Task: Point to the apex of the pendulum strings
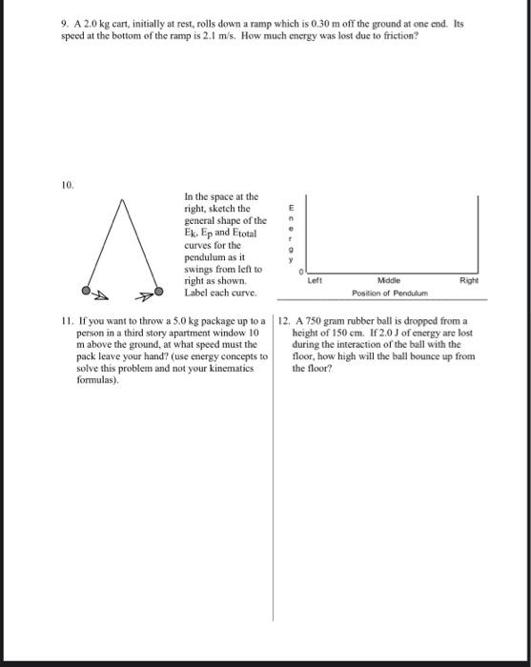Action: (122, 199)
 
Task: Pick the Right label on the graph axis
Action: (468, 281)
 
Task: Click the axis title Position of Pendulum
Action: (390, 293)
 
